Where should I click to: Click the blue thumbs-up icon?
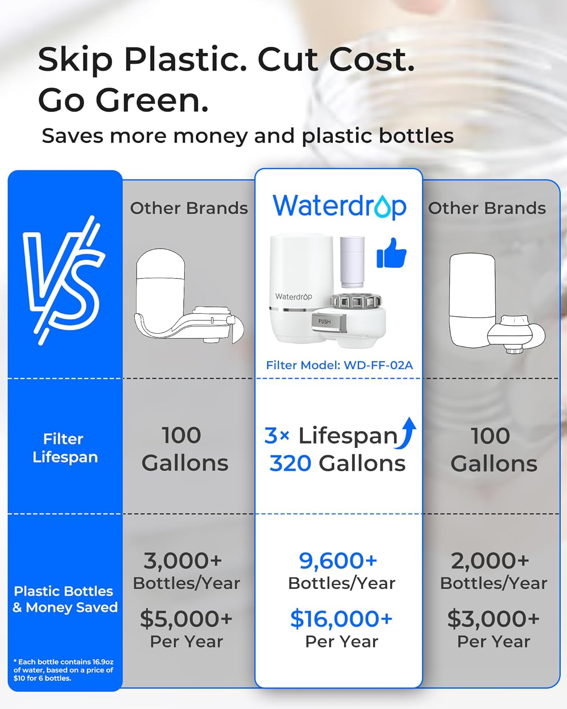391,253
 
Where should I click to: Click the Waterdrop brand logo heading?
339,207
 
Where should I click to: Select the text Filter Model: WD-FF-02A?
339,365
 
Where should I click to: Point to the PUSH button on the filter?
325,321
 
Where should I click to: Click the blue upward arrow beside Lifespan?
407,433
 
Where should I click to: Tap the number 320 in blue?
290,464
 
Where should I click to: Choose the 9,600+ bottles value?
338,561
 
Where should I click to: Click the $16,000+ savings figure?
341,619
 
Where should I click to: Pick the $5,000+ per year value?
186,619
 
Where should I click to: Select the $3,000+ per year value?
493,619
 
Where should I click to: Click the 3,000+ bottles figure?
183,561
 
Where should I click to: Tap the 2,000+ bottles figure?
490,561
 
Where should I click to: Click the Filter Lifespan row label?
65,448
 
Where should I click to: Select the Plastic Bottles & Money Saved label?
65,599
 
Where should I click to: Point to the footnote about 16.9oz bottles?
63,670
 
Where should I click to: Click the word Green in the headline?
151,100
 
